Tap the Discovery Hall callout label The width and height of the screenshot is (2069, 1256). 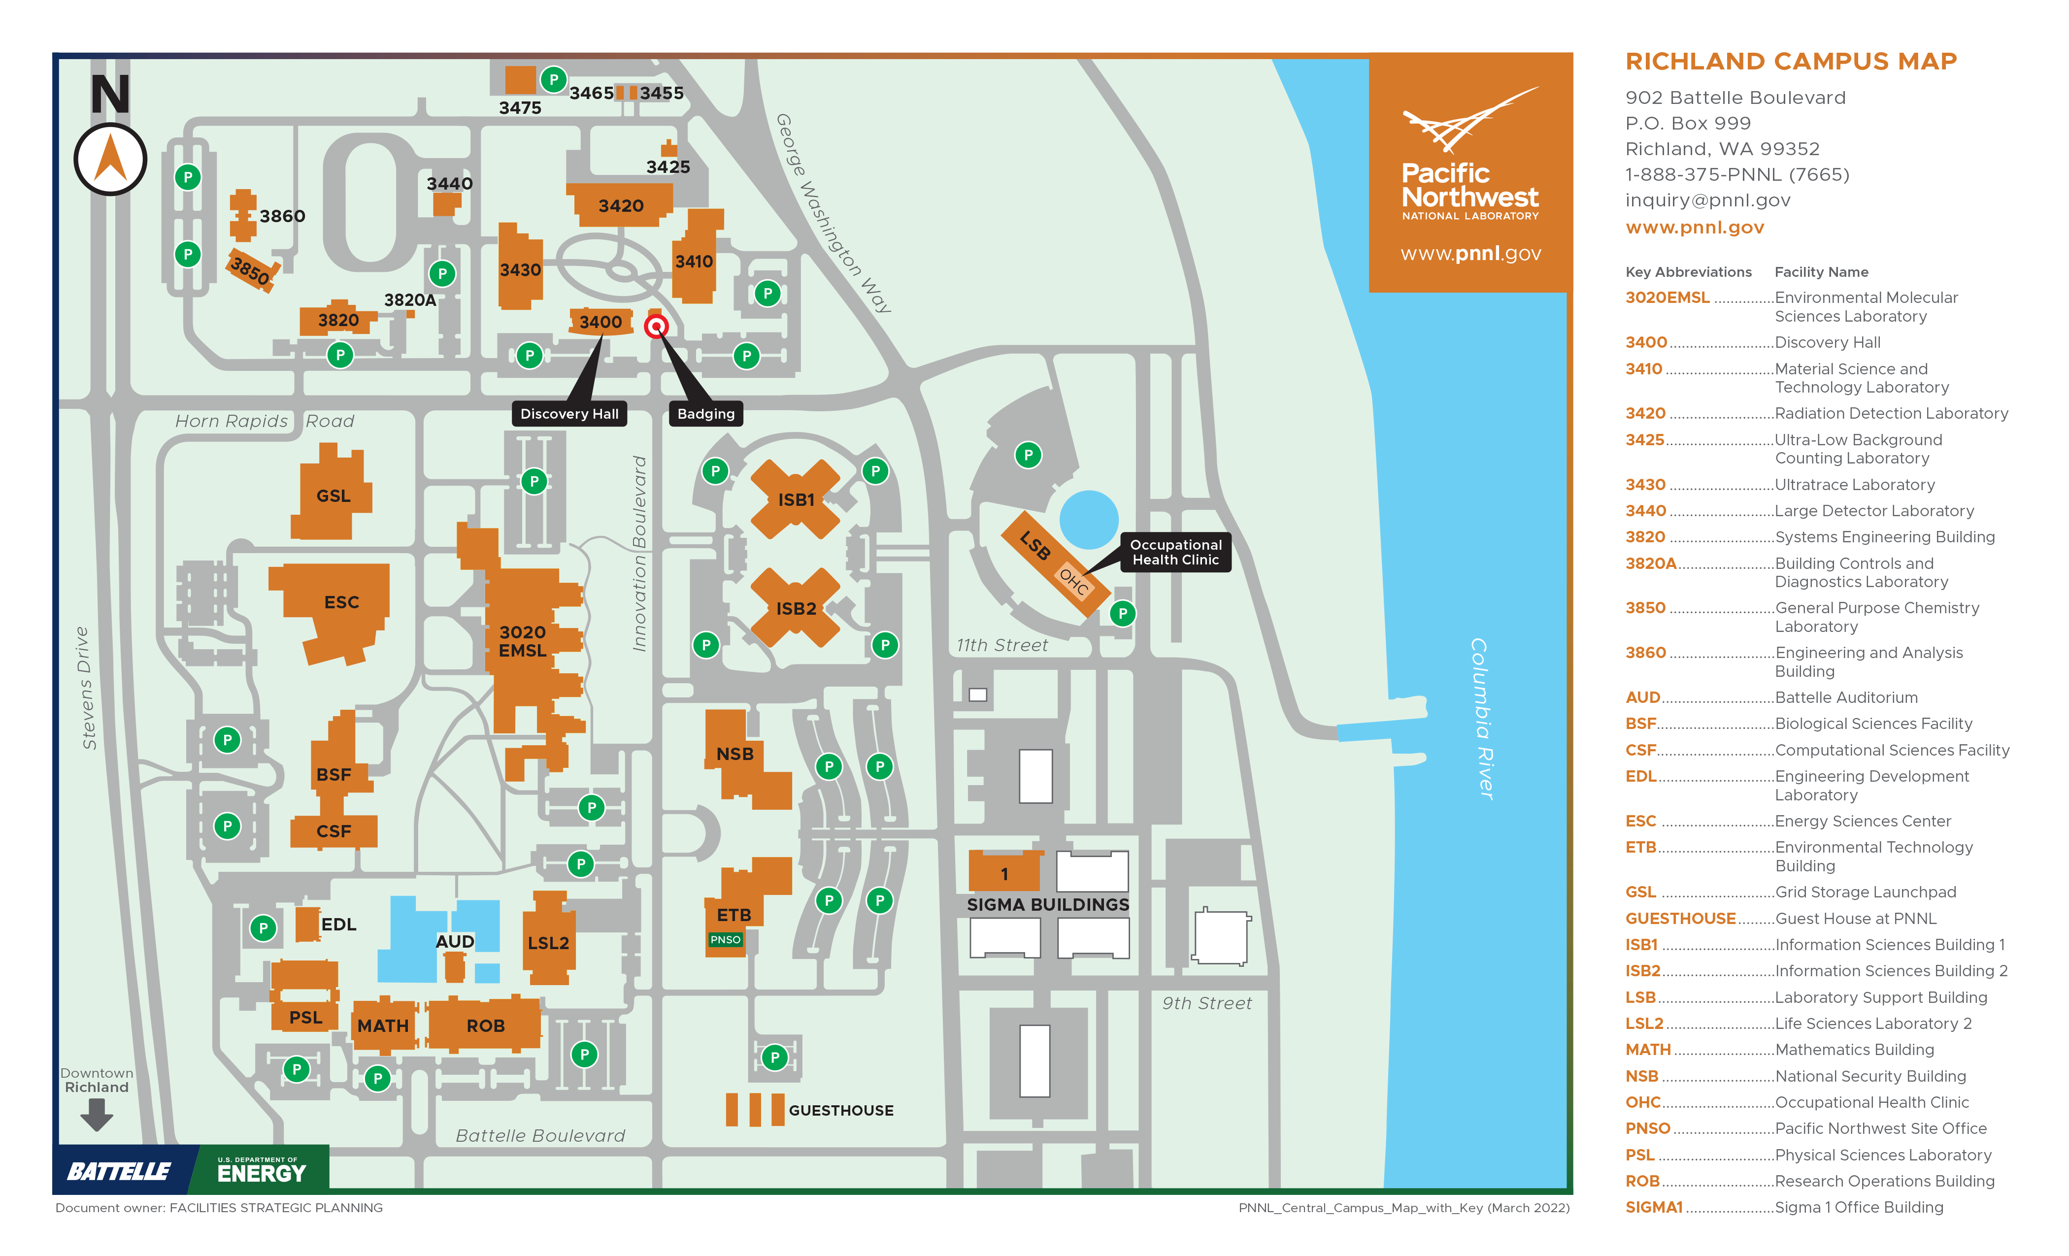[569, 414]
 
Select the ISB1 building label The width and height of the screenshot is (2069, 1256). [796, 500]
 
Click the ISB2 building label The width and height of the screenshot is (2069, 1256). [796, 609]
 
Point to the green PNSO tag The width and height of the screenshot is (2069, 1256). [726, 939]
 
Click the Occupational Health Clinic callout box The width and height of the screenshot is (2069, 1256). [1175, 553]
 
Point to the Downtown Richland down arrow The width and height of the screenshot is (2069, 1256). [97, 1115]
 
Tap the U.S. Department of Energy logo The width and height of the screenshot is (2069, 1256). [261, 1170]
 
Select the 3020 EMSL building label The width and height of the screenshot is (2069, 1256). [522, 641]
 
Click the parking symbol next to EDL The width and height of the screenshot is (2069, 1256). [264, 928]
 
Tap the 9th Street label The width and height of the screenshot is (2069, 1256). [1206, 1003]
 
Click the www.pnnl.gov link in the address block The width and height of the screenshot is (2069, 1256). [1695, 228]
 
